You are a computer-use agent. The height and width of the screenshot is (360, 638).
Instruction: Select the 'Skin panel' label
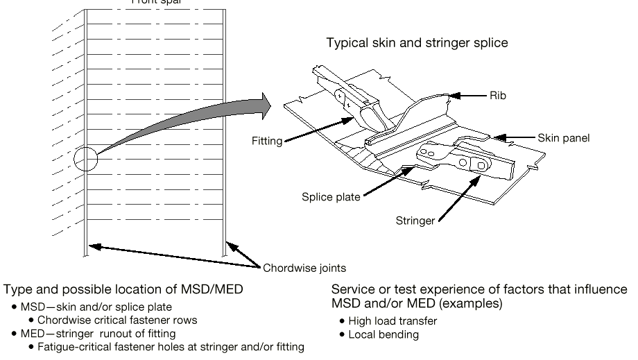pyautogui.click(x=563, y=138)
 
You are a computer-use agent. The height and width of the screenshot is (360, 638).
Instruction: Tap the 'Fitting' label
pyautogui.click(x=267, y=142)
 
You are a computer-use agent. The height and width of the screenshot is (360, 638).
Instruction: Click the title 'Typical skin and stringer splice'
pyautogui.click(x=417, y=43)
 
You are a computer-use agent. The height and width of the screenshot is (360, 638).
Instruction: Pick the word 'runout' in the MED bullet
pyautogui.click(x=112, y=334)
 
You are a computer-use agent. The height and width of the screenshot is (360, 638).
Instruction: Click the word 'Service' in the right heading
pyautogui.click(x=351, y=289)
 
